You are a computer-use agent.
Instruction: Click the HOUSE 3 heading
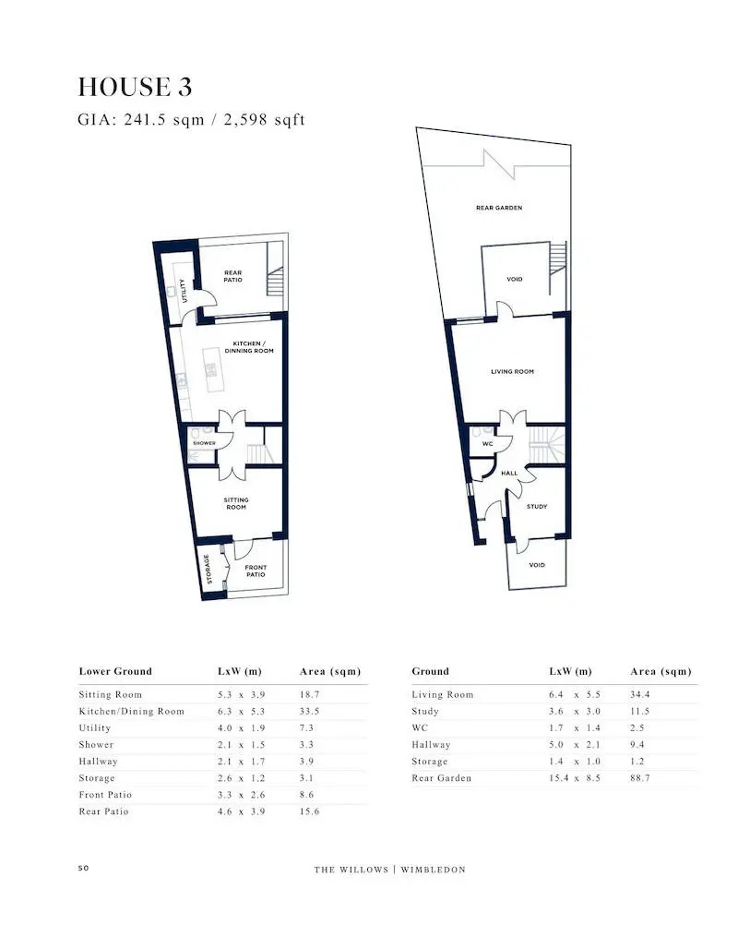pyautogui.click(x=135, y=87)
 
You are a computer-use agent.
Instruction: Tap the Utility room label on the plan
pyautogui.click(x=184, y=291)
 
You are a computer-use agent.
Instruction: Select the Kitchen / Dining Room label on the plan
pyautogui.click(x=249, y=347)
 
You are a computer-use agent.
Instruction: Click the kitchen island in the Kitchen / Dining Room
pyautogui.click(x=211, y=370)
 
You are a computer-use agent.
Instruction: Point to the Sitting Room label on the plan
pyautogui.click(x=236, y=503)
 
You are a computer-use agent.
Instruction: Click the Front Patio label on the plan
pyautogui.click(x=256, y=571)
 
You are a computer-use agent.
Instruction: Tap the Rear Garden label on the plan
pyautogui.click(x=499, y=208)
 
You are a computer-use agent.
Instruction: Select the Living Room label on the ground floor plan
pyautogui.click(x=512, y=372)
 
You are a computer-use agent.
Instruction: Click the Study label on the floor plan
pyautogui.click(x=537, y=507)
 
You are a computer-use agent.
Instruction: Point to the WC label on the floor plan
pyautogui.click(x=488, y=444)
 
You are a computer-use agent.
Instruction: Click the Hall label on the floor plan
pyautogui.click(x=509, y=473)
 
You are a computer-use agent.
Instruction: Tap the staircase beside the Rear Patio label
pyautogui.click(x=275, y=281)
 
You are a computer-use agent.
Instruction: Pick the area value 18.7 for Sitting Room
pyautogui.click(x=310, y=694)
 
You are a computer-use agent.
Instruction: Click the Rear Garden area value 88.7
pyautogui.click(x=640, y=777)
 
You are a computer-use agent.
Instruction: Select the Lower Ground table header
pyautogui.click(x=115, y=671)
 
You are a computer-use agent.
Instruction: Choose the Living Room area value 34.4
pyautogui.click(x=640, y=694)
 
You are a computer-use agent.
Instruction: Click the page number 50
pyautogui.click(x=83, y=868)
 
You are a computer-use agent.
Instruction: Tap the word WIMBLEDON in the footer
pyautogui.click(x=434, y=870)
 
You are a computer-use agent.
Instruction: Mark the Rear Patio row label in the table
pyautogui.click(x=103, y=811)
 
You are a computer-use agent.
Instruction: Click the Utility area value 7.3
pyautogui.click(x=306, y=727)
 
